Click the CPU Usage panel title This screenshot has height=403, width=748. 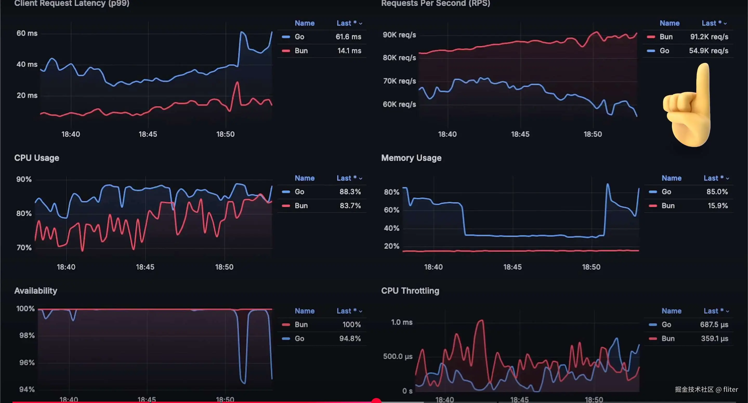click(x=37, y=158)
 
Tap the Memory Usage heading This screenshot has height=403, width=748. click(x=411, y=158)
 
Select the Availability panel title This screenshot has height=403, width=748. click(x=36, y=291)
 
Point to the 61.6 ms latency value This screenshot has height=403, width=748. click(x=348, y=37)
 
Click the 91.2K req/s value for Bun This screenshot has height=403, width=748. click(x=709, y=37)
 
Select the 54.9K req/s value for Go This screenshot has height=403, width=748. click(x=708, y=51)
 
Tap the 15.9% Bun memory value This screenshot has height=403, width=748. click(x=718, y=206)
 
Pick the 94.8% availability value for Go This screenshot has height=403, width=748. click(x=350, y=338)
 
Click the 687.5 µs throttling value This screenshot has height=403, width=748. click(x=714, y=324)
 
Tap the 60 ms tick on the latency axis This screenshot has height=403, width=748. click(x=27, y=33)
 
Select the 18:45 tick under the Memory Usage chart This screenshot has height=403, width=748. click(x=512, y=267)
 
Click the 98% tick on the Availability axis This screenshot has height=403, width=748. click(x=27, y=336)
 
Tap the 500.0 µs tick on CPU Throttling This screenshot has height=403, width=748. click(x=397, y=356)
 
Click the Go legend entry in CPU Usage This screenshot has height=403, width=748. click(x=299, y=192)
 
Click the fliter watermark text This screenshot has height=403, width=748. click(x=730, y=389)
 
